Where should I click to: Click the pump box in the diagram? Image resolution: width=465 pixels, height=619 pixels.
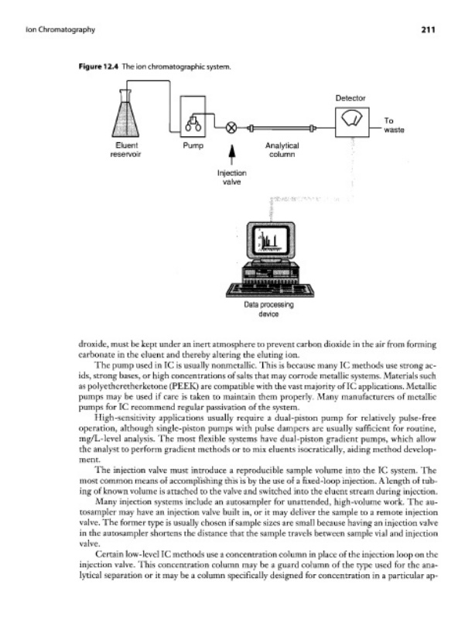193,117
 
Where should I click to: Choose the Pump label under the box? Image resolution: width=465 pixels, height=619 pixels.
193,145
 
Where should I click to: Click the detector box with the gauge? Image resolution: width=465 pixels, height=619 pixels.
352,121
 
